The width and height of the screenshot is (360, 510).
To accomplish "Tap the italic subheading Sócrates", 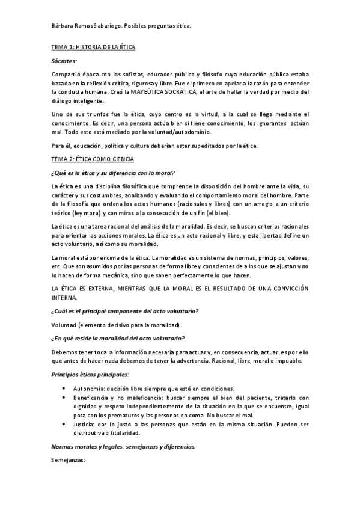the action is click(x=64, y=61).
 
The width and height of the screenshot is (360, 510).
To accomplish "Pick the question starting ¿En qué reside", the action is click(x=118, y=339).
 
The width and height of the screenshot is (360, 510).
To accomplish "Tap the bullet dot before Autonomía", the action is click(x=64, y=388).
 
